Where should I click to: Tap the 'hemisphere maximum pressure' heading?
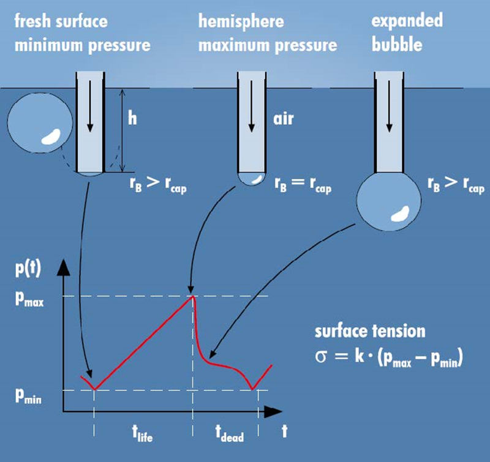tap(268, 34)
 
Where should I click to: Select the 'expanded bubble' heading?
tap(407, 34)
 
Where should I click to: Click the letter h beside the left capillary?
tap(132, 118)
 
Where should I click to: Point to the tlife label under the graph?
tap(143, 436)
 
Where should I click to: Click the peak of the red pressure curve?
tap(194, 297)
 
